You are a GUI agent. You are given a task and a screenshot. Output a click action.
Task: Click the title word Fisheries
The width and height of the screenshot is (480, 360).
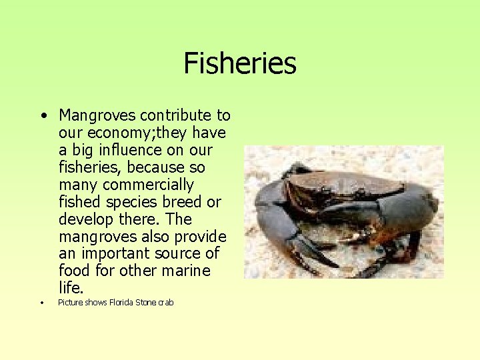pos(239,63)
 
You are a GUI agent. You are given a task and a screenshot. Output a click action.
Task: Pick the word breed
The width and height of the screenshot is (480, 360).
pos(185,202)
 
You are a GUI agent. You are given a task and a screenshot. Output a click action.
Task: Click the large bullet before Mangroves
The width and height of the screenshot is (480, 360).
pos(43,116)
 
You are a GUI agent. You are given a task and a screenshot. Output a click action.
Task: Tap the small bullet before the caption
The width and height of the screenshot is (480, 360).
pos(41,303)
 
